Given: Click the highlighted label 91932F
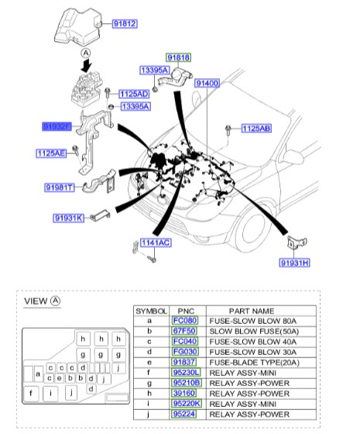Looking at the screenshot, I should (x=57, y=125).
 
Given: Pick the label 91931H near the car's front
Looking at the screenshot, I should (x=294, y=263).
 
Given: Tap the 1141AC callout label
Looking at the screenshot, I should (x=156, y=243).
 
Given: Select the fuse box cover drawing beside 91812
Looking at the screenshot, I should (x=77, y=26).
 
